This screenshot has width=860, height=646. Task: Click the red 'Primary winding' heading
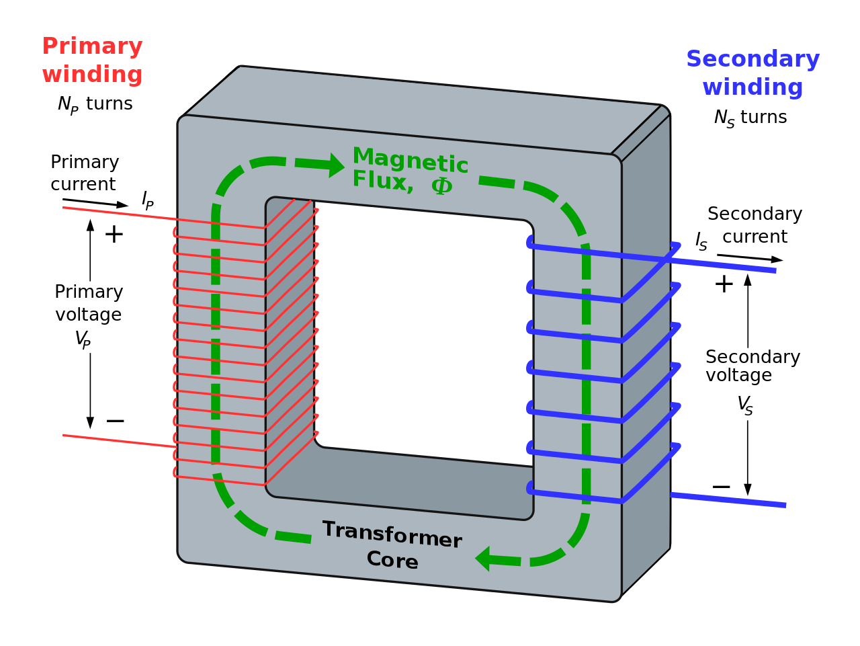(x=92, y=60)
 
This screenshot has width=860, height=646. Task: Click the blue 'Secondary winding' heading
(x=752, y=73)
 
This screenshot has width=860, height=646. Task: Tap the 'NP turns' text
(x=95, y=104)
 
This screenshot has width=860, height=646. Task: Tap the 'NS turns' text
(x=750, y=118)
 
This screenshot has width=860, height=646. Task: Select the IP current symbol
(x=147, y=200)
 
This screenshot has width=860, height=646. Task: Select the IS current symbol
(x=701, y=241)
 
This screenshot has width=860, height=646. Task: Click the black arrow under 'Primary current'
(x=95, y=202)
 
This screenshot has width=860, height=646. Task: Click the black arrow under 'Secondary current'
(x=749, y=257)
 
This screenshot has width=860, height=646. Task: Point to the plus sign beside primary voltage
(x=114, y=235)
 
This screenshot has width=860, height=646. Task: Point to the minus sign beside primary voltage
(x=115, y=421)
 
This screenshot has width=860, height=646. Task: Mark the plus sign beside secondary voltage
(x=724, y=284)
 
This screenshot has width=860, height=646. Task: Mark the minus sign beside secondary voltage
(x=721, y=487)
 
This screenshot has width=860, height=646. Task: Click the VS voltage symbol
(x=744, y=405)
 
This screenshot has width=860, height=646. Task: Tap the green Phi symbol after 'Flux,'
(x=441, y=186)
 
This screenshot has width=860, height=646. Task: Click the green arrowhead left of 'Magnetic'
(x=336, y=165)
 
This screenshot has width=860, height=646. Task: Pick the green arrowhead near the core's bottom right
(x=483, y=559)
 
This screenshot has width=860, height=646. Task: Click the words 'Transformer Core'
(x=392, y=545)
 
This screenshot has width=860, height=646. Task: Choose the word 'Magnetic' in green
(x=410, y=160)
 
